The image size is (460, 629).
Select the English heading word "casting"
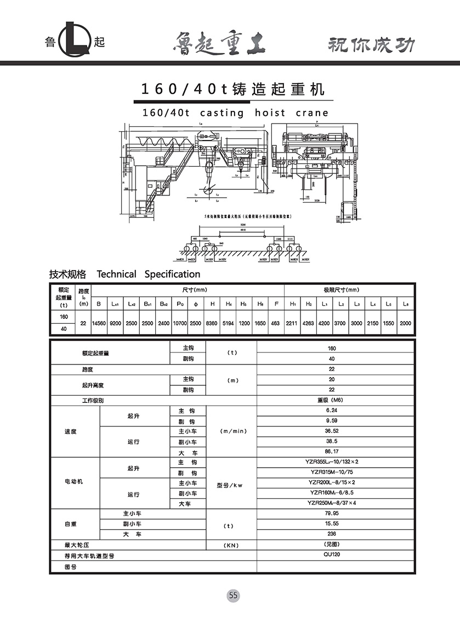222,113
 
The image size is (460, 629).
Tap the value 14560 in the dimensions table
99,323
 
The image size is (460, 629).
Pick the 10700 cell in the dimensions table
179,323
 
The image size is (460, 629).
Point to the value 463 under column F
275,323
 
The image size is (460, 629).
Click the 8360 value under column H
212,323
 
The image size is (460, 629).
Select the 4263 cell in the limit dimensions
308,323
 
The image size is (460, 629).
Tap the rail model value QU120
331,554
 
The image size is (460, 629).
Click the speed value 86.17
331,452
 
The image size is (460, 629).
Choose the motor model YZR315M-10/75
332,472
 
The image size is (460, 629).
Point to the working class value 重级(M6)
331,400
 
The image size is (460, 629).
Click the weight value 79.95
331,514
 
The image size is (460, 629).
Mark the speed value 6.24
331,411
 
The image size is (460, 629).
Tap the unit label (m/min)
233,431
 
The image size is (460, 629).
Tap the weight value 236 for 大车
331,534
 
